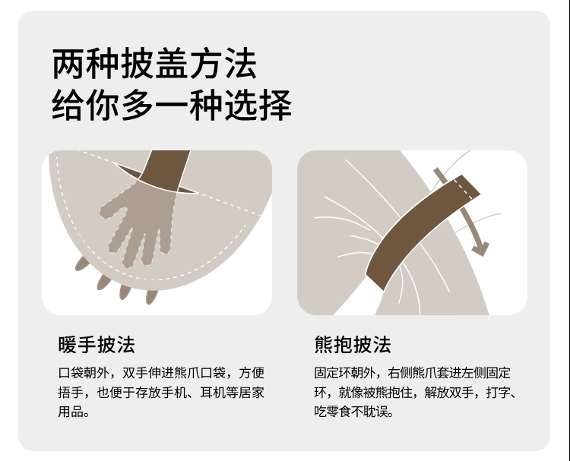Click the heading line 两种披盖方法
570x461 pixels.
154,64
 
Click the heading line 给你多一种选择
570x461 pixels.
172,105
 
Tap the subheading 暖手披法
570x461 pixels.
97,344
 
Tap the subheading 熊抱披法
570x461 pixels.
353,344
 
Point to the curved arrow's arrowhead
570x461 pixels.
480,249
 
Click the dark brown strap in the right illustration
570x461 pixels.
422,232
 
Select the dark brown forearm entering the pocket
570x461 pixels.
166,170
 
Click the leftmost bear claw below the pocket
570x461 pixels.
82,264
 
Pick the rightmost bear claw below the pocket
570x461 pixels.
151,296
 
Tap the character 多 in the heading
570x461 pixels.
138,105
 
